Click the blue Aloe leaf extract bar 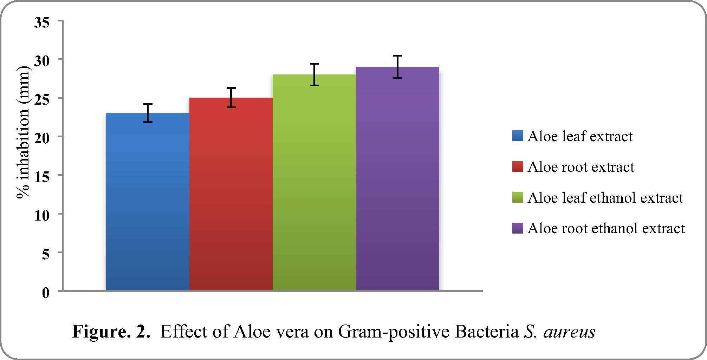click(x=148, y=202)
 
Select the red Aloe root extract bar click(x=231, y=194)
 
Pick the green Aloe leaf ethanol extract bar click(x=314, y=182)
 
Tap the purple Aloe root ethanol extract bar click(x=397, y=178)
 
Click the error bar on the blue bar click(x=148, y=113)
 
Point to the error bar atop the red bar click(x=231, y=98)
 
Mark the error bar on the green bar click(x=314, y=74)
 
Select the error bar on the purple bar click(x=397, y=67)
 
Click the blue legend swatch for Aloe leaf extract click(x=518, y=136)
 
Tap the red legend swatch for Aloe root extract click(x=518, y=166)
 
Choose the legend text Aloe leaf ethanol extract click(x=605, y=198)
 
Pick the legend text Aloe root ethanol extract click(x=606, y=228)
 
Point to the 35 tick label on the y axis click(x=42, y=22)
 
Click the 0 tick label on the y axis click(x=46, y=293)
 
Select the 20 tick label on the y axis click(x=42, y=138)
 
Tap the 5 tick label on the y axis click(x=46, y=254)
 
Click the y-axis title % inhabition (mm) click(x=23, y=132)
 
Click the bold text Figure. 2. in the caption click(x=111, y=331)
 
